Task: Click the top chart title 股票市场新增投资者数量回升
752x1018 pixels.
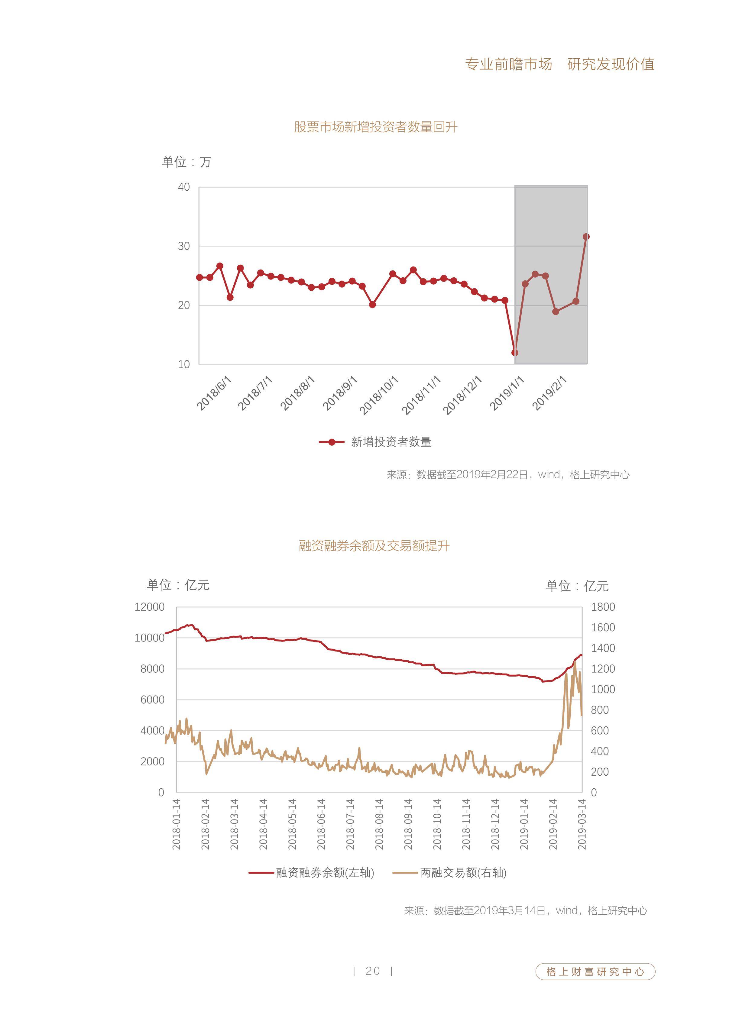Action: [375, 127]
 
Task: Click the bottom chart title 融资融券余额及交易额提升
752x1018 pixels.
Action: [374, 546]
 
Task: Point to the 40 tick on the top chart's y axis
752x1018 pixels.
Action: [184, 187]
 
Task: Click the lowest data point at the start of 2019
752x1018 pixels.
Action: [515, 353]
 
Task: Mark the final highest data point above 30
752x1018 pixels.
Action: [586, 237]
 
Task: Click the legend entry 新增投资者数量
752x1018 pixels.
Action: [375, 442]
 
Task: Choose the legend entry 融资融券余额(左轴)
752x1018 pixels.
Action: [312, 872]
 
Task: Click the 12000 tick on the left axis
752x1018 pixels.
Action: [150, 607]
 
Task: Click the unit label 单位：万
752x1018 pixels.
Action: [186, 162]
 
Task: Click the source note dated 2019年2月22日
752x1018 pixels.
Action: [508, 475]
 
